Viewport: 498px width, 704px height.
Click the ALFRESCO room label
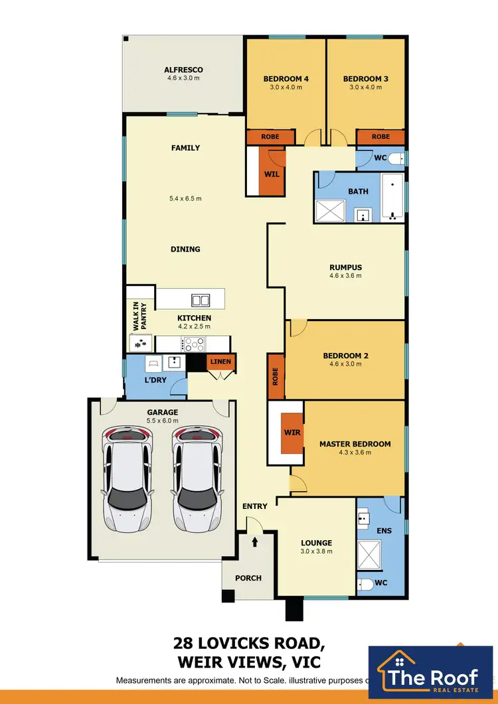click(x=183, y=70)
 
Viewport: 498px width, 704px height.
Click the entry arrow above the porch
click(x=255, y=542)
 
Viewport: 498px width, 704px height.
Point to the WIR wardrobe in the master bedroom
click(x=292, y=433)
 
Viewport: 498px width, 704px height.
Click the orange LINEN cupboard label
click(x=219, y=362)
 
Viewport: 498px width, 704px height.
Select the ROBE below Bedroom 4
click(x=270, y=137)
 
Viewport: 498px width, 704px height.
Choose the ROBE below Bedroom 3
click(x=380, y=137)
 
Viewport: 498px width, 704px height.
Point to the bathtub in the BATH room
click(x=392, y=198)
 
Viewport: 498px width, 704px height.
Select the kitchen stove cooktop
click(x=195, y=344)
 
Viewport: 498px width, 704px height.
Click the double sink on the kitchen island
click(x=199, y=299)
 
